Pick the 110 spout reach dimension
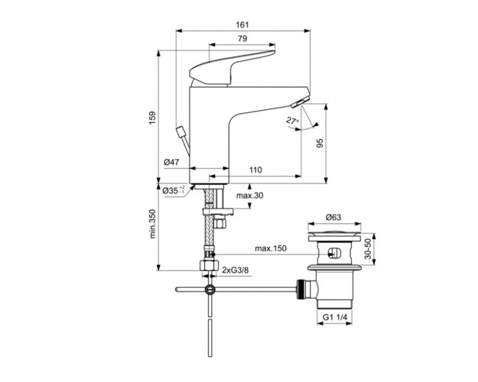point(255,170)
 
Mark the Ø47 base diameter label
point(171,162)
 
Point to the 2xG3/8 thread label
point(238,270)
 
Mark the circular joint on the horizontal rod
point(210,290)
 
